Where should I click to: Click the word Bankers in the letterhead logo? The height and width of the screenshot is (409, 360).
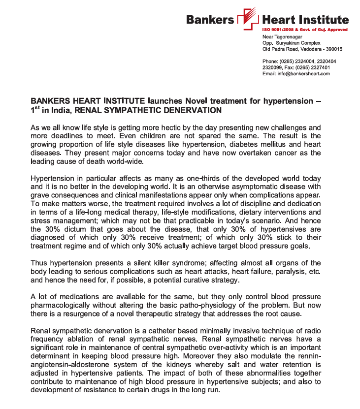tap(210, 20)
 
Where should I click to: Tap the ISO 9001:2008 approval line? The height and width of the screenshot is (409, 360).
tap(305, 30)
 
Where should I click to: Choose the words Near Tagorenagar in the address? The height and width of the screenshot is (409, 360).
tap(283, 37)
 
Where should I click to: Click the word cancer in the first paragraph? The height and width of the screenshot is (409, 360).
tap(274, 153)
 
